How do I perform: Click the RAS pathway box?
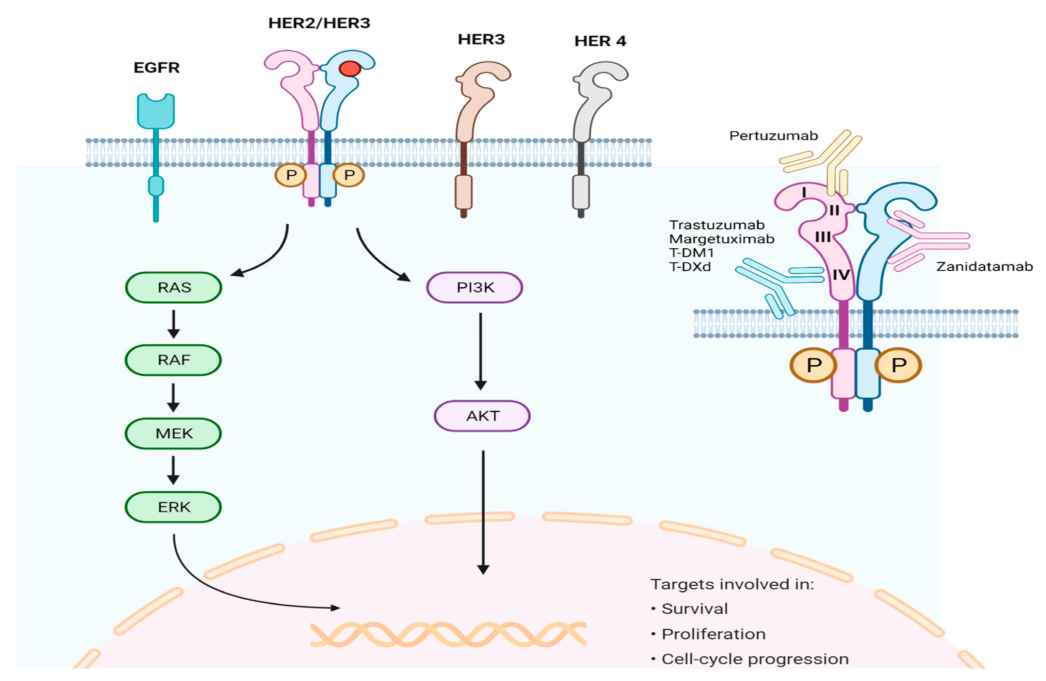(174, 287)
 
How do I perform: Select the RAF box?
(173, 360)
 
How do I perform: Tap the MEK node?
(173, 433)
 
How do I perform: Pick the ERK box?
(173, 507)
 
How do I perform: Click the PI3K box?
(474, 287)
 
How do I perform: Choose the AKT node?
(482, 416)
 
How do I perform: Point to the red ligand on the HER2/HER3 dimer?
(350, 68)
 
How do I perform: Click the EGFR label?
(157, 68)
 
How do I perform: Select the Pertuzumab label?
(773, 136)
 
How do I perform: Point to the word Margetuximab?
(722, 239)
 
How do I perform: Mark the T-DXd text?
(690, 267)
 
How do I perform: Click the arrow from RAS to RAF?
(174, 324)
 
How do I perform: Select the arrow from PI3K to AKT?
(480, 351)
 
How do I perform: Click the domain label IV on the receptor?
(841, 275)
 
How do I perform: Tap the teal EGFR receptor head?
(156, 111)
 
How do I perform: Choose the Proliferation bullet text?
(713, 634)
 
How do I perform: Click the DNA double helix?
(448, 634)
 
